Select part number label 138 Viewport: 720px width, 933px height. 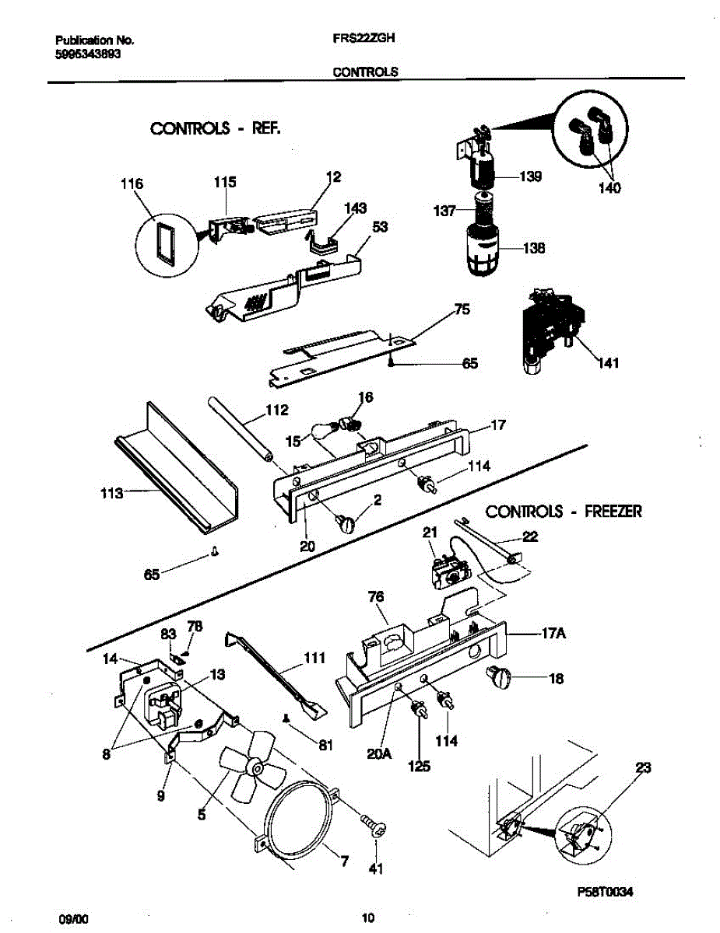(534, 249)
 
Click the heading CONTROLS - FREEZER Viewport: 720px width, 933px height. (564, 511)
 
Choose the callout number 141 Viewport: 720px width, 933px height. (608, 363)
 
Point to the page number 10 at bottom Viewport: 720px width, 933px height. (370, 918)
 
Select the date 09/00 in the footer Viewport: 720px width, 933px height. (74, 918)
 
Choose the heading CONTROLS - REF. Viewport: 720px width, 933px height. (215, 128)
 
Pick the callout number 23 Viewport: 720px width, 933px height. (643, 768)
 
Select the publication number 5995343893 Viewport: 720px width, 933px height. (88, 54)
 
